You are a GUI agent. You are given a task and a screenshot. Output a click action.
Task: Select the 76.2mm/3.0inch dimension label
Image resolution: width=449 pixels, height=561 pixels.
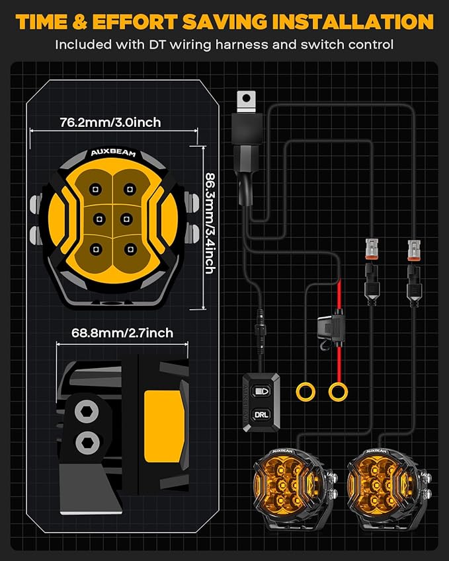(x=110, y=122)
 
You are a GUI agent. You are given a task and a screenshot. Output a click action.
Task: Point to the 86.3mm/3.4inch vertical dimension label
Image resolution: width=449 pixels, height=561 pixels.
(x=210, y=223)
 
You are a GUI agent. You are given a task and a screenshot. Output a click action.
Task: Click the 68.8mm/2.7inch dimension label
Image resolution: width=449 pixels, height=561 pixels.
(x=122, y=333)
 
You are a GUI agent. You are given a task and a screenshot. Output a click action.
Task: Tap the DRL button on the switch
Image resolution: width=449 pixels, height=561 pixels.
(x=261, y=415)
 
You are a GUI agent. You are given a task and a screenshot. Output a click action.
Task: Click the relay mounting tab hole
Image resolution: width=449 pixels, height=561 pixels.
(x=246, y=98)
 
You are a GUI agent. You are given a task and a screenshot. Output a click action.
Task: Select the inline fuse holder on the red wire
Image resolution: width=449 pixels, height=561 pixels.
(x=331, y=329)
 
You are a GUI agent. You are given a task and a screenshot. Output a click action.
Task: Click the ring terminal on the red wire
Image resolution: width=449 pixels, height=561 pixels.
(x=338, y=392)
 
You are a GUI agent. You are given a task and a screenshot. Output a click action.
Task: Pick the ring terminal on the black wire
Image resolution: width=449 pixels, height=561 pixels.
(x=306, y=391)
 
